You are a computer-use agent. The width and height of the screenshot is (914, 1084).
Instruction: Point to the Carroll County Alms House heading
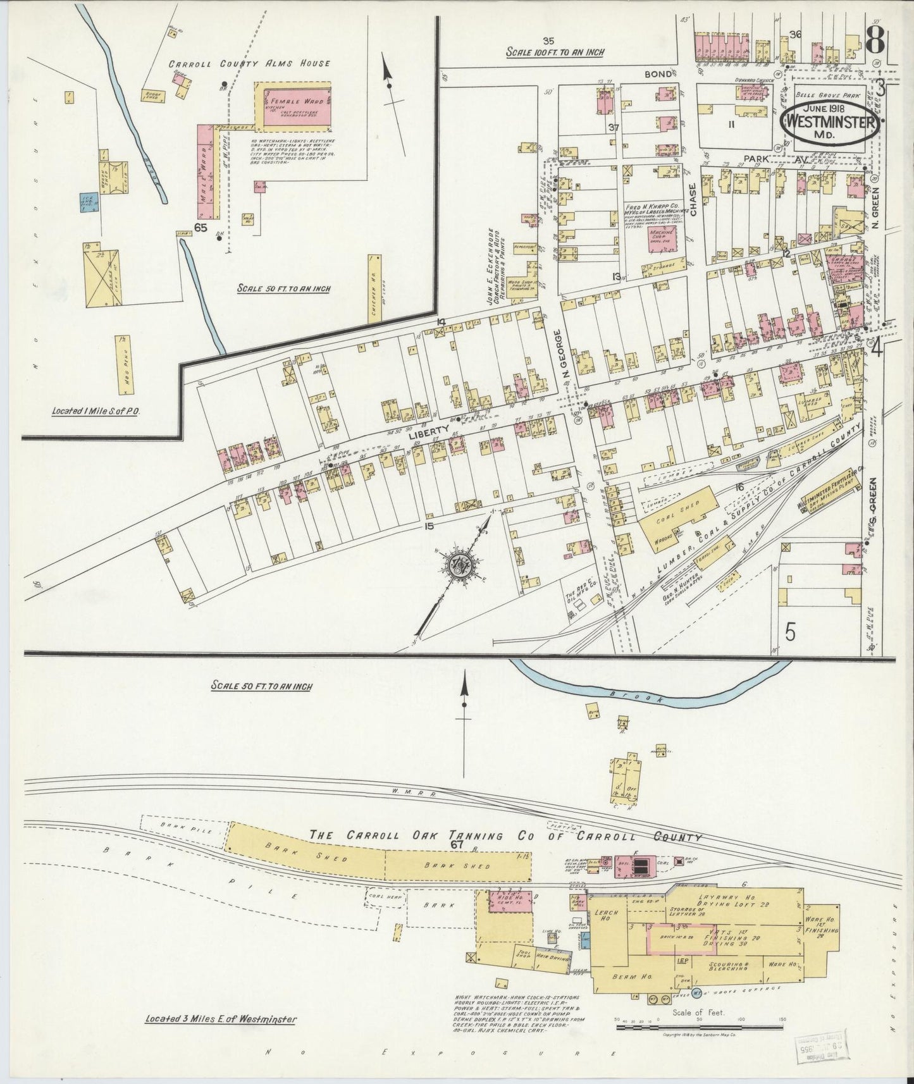pyautogui.click(x=249, y=63)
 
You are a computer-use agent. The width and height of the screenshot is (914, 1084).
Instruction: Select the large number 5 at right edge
pyautogui.click(x=789, y=632)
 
